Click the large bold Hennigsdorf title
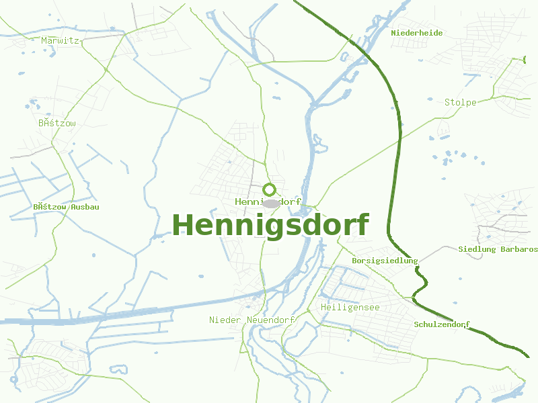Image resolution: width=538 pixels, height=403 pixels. click(x=271, y=225)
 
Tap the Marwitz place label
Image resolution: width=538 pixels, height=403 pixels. click(x=60, y=40)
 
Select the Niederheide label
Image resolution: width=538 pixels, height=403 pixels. click(x=417, y=32)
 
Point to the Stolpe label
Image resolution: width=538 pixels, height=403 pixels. click(x=461, y=102)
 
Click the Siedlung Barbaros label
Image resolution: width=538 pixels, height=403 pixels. click(x=498, y=249)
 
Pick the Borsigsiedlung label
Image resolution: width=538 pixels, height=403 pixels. click(x=385, y=261)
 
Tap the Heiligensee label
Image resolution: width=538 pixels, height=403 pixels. click(x=350, y=307)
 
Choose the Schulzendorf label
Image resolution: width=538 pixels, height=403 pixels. click(x=442, y=324)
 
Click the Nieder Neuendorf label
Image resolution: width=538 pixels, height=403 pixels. click(x=252, y=320)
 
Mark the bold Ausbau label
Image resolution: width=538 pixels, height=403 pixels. click(x=85, y=207)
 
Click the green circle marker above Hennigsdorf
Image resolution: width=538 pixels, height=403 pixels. click(x=270, y=189)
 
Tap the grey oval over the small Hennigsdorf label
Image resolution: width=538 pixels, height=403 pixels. click(x=271, y=203)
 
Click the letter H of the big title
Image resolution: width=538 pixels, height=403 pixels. click(x=184, y=225)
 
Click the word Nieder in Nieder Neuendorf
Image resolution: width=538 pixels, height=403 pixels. click(x=225, y=320)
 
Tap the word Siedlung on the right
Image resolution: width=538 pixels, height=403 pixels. click(x=477, y=249)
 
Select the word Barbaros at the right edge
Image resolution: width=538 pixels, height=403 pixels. click(x=518, y=249)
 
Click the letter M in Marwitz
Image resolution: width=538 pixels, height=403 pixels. click(x=44, y=40)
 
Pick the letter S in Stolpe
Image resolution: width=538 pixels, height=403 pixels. click(x=447, y=102)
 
